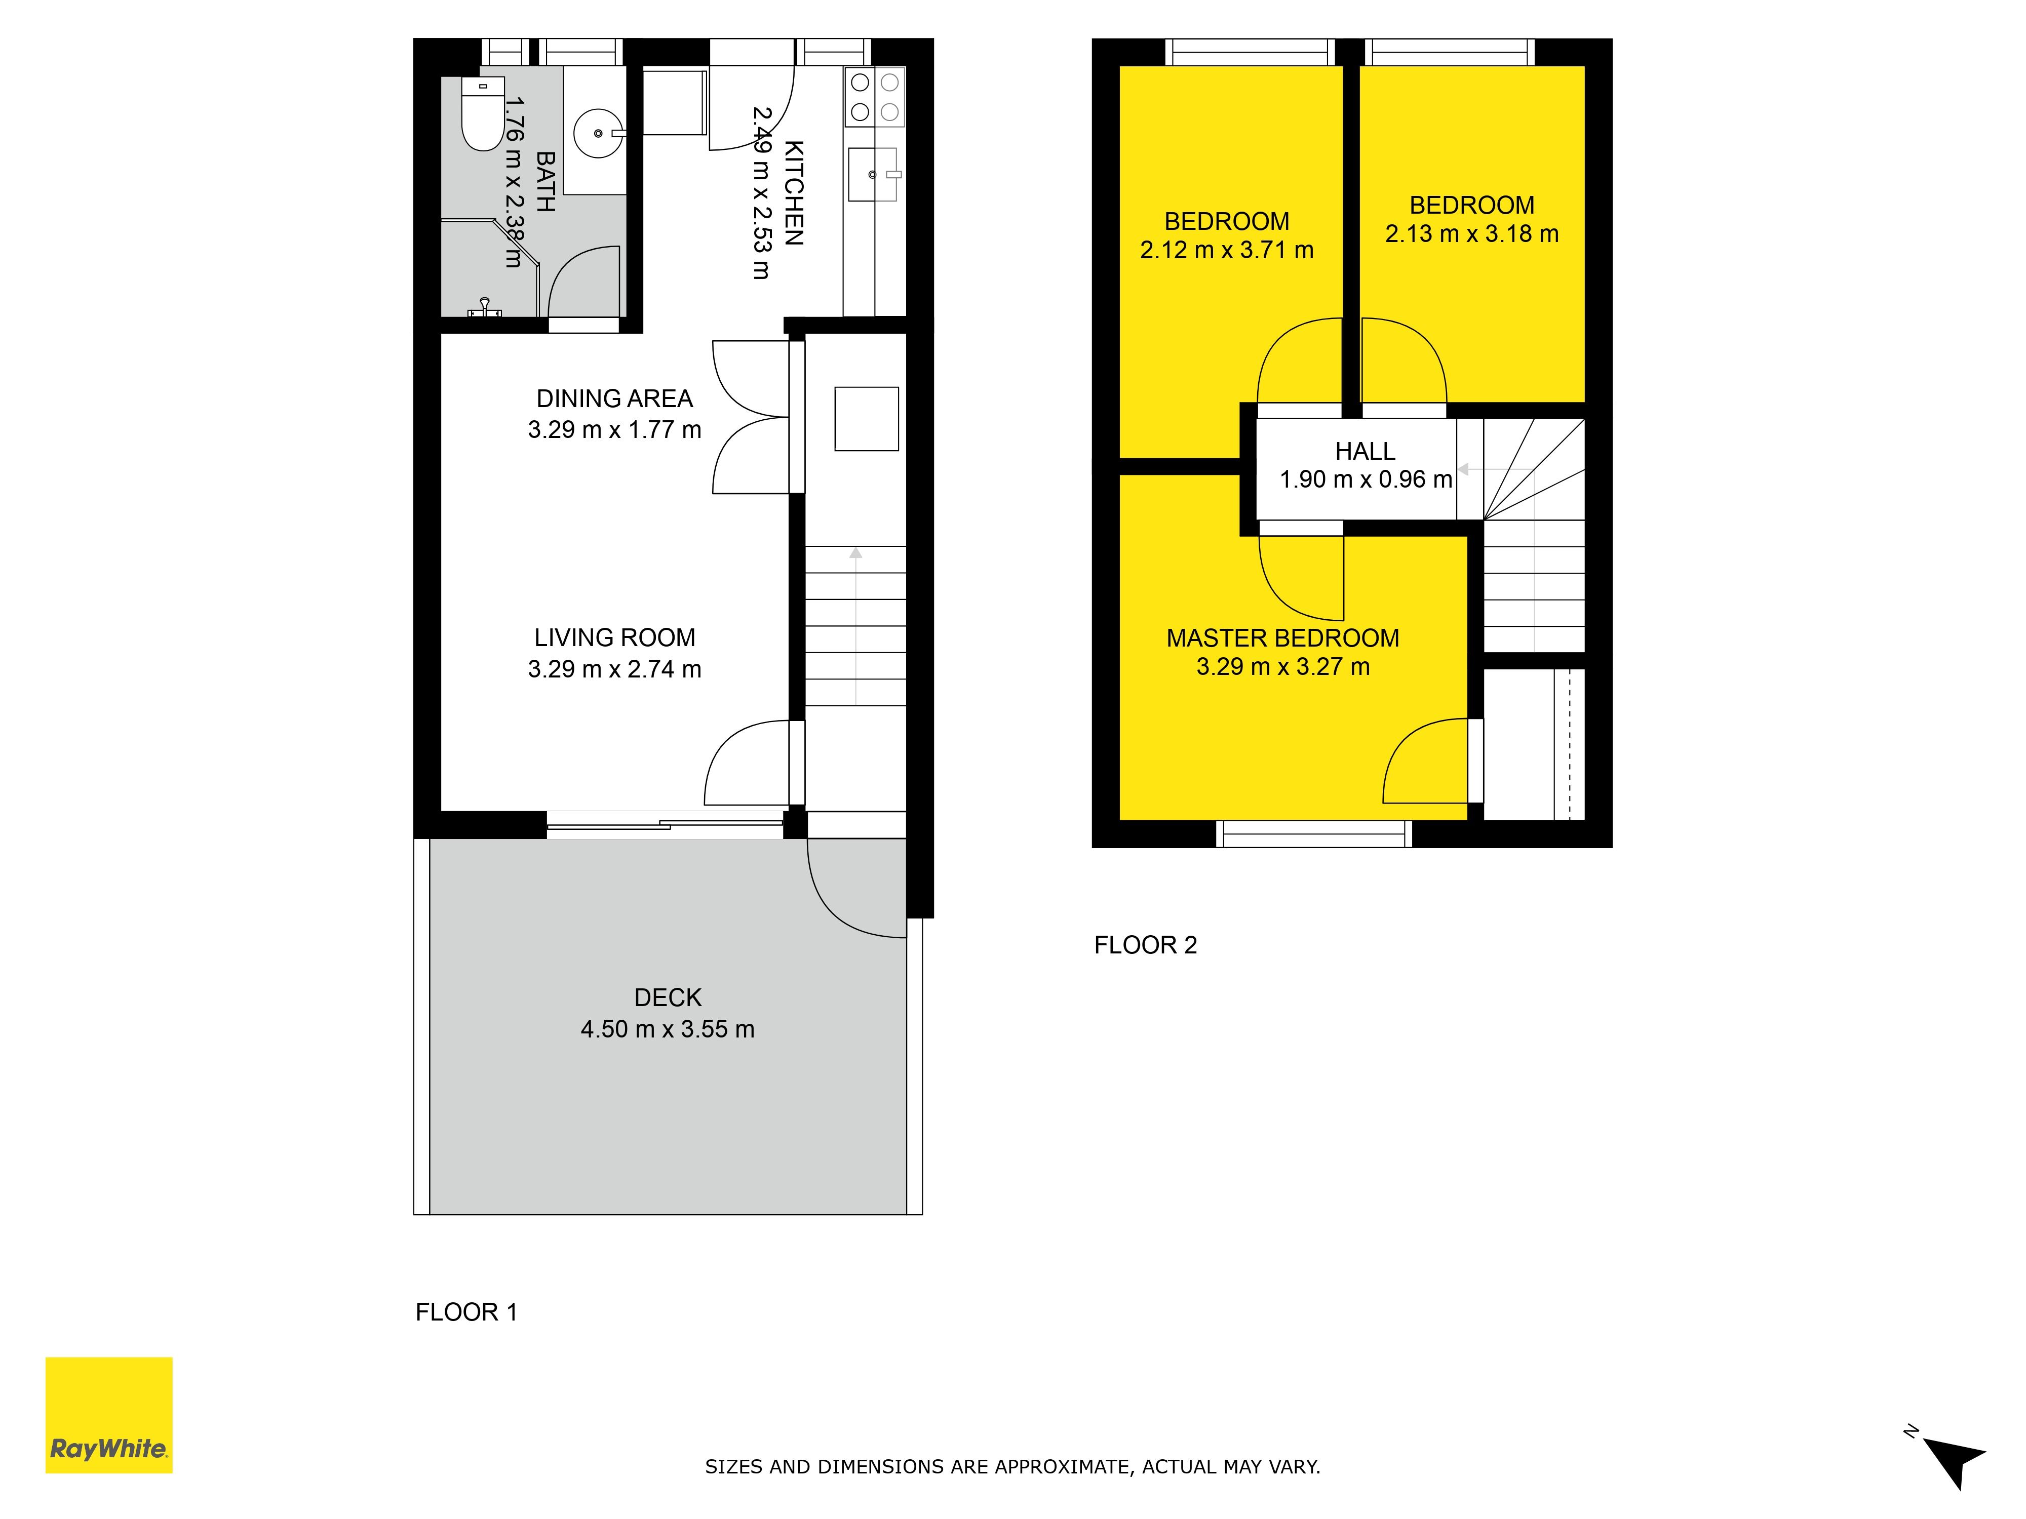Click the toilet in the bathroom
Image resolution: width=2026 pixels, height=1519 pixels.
[483, 114]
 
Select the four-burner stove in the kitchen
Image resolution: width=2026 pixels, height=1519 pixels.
[875, 97]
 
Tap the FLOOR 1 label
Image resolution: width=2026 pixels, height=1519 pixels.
[466, 1312]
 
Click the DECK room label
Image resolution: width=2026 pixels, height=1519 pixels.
[668, 997]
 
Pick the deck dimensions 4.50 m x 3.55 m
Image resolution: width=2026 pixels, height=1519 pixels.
[668, 1029]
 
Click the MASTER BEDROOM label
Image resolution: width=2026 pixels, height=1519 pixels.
[1282, 638]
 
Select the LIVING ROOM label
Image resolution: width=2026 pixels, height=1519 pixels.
[614, 637]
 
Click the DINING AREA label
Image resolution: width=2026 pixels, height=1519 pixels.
[614, 398]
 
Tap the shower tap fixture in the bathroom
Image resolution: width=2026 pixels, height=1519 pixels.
[485, 308]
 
